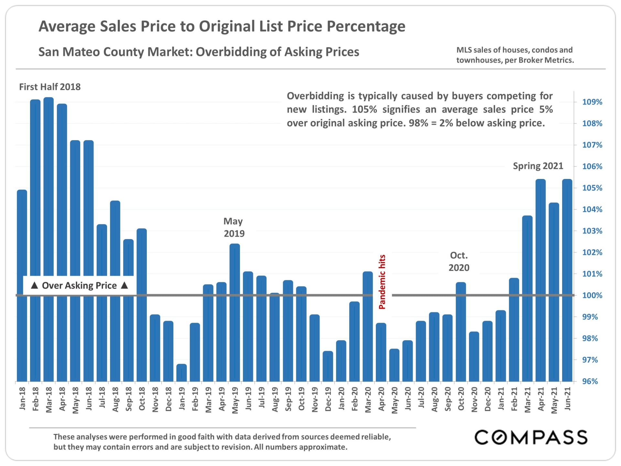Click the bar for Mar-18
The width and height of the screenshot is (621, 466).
pos(49,239)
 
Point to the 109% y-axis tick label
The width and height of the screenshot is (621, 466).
pos(592,102)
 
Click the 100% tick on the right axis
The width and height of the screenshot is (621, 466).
pos(592,295)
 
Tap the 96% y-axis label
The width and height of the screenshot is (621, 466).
pos(590,382)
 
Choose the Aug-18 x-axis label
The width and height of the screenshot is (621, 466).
pos(115,399)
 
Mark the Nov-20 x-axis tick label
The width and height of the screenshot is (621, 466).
pos(474,399)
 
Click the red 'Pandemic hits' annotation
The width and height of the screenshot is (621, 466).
pos(382,282)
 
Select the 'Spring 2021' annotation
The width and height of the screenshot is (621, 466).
pos(538,166)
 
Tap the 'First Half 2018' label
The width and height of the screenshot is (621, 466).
pos(50,87)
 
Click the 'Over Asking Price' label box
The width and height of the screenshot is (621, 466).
pos(79,285)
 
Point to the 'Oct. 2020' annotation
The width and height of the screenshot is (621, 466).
pos(459,261)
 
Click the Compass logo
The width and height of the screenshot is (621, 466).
pos(531,438)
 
